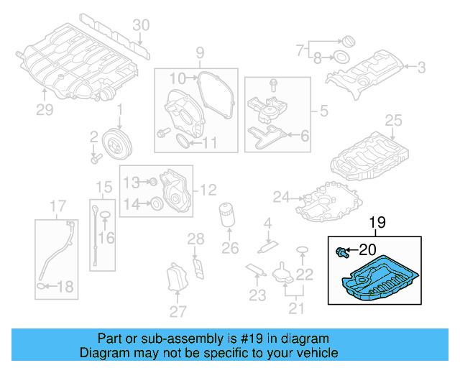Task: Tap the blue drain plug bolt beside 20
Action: coord(342,252)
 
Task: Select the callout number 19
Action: coord(377,224)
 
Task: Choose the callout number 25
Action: coord(392,119)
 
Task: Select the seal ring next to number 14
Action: coord(154,205)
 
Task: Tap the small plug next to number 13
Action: coord(152,181)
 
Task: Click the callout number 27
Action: coord(177,310)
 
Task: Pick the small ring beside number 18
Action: coord(42,287)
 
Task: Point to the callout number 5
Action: coord(323,112)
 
